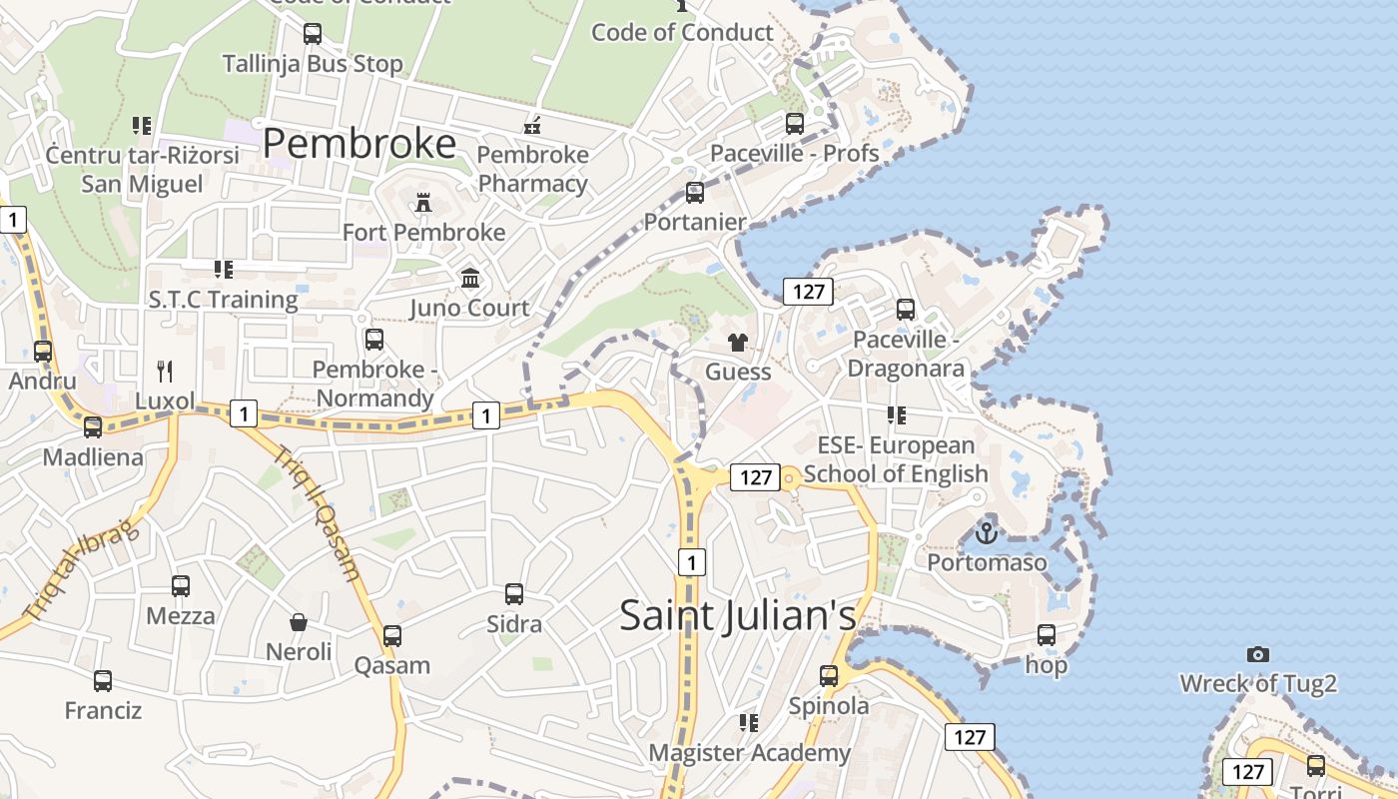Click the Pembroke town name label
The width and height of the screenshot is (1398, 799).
coord(359,145)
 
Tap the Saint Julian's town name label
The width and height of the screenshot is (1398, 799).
coord(738,614)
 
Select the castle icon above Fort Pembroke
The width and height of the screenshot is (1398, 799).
coord(423,204)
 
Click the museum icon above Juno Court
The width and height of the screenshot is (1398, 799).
coord(469,278)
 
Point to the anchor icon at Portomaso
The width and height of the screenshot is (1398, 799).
coord(987,533)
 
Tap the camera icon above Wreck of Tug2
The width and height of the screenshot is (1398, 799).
coord(1258,654)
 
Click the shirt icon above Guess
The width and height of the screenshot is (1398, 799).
coord(738,343)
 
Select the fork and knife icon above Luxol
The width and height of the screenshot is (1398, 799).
coord(166,372)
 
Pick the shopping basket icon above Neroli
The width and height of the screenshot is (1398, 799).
coord(299,622)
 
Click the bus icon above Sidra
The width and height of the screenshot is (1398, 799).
coord(514,594)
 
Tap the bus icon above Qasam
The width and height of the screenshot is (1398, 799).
coord(392,635)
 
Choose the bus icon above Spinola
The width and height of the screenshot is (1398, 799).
coord(829,676)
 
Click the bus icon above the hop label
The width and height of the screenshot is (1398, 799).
coord(1047,634)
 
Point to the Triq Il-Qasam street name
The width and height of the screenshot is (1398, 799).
coord(317,512)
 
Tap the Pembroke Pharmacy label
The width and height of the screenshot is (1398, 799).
coord(532,169)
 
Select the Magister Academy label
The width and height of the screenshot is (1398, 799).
coord(749,752)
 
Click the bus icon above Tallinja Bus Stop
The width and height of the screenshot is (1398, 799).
coord(313,34)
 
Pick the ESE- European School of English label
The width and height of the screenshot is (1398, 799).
coord(896,459)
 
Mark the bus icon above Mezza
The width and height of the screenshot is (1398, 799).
coord(181,585)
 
